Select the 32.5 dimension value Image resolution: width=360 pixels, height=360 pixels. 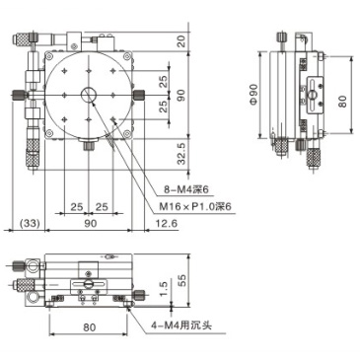[180, 155]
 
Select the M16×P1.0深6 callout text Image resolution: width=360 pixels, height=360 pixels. [203, 206]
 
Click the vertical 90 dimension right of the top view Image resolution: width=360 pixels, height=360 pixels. [180, 95]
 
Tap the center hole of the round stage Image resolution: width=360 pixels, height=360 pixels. [89, 96]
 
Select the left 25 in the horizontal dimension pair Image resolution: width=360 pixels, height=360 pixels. [76, 207]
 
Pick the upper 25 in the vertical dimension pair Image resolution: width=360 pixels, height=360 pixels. [162, 79]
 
